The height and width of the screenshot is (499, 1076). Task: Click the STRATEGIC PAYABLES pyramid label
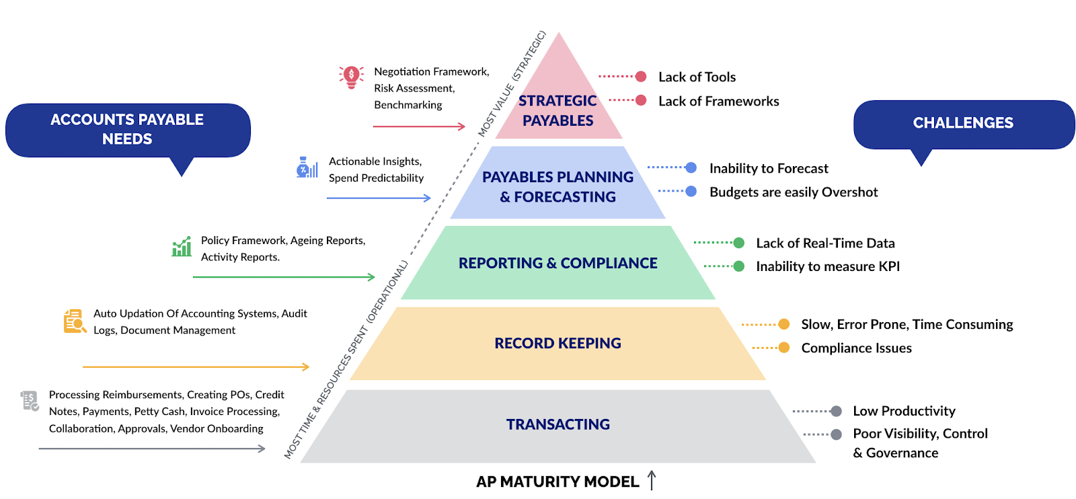click(x=558, y=111)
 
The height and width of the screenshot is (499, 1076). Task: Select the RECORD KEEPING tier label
click(x=558, y=343)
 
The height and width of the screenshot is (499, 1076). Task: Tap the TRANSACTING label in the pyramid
click(x=558, y=424)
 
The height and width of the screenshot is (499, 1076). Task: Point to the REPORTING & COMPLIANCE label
click(x=558, y=263)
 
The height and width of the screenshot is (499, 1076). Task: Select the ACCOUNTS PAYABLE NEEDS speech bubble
click(x=127, y=129)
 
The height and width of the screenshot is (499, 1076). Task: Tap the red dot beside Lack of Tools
click(x=641, y=77)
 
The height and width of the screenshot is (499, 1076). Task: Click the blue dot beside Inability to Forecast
click(x=691, y=167)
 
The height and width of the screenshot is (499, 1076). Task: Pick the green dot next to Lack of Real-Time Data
click(x=739, y=243)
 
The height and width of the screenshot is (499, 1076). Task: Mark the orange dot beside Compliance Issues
click(x=783, y=348)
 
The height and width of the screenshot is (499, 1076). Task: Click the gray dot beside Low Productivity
click(x=836, y=411)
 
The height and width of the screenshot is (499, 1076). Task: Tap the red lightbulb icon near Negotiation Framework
click(x=351, y=77)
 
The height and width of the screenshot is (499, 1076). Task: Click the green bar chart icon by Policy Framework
click(x=182, y=247)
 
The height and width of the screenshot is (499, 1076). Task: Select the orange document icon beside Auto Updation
click(x=74, y=321)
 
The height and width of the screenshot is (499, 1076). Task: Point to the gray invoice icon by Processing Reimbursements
click(x=30, y=401)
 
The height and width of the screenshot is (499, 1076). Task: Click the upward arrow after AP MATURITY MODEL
click(x=651, y=480)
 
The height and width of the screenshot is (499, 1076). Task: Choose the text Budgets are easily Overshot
click(x=794, y=192)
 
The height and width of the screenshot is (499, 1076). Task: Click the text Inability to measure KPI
click(x=827, y=266)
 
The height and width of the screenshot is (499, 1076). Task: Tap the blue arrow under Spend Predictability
click(x=379, y=198)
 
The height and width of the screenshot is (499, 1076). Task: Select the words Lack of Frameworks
click(x=718, y=102)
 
